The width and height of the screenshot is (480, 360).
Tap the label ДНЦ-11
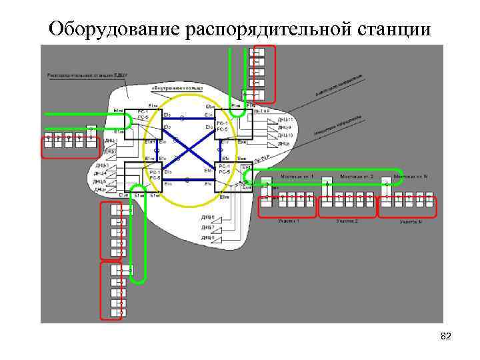[285, 119]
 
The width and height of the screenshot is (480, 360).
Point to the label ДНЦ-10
[285, 135]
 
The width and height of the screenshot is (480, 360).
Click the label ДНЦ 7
[208, 227]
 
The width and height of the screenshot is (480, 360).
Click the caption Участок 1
[289, 221]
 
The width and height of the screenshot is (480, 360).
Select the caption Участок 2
[347, 221]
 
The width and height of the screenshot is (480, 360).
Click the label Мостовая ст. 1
[297, 176]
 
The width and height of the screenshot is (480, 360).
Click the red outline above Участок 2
[347, 206]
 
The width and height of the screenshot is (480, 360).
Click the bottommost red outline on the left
[111, 291]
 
